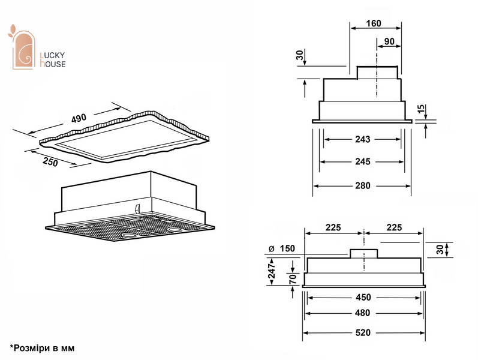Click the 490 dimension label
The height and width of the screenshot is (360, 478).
[x=79, y=118]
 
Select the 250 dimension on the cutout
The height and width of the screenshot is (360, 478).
[x=50, y=161]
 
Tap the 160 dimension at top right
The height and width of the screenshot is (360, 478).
[x=374, y=23]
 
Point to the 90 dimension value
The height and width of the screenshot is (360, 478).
[x=389, y=41]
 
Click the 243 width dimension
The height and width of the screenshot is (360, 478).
[x=362, y=139]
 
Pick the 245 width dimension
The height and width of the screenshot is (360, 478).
[x=362, y=161]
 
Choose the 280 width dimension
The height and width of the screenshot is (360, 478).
[x=362, y=185]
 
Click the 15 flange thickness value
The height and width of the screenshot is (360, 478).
[x=421, y=109]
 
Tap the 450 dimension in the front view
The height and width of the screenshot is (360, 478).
[x=363, y=297]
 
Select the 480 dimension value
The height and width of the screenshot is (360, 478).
[x=362, y=313]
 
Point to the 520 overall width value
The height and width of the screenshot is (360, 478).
[x=363, y=332]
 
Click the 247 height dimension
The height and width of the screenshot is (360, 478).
[x=271, y=271]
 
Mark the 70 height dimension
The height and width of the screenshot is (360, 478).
[x=293, y=279]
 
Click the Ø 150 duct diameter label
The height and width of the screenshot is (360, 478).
[x=282, y=248]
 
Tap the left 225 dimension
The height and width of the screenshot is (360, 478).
[x=333, y=227]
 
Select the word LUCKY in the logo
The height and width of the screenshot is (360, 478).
[x=52, y=55]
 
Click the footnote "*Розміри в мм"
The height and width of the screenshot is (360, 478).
[x=42, y=348]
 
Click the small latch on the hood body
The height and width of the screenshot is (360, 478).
[x=137, y=208]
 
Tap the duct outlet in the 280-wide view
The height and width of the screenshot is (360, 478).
[x=377, y=73]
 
